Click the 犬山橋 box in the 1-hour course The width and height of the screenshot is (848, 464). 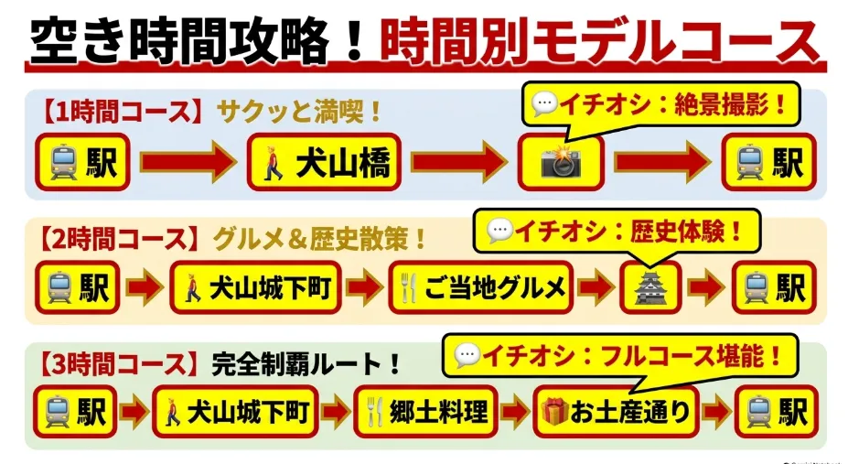[x=324, y=162]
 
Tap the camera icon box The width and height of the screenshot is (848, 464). [x=561, y=162]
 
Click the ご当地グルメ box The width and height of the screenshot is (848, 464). [x=480, y=287]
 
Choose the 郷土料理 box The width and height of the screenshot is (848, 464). [x=425, y=412]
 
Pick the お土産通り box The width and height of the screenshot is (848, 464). [x=616, y=412]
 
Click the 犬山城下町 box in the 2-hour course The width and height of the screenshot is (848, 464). [x=255, y=287]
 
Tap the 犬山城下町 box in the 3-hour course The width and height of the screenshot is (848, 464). [x=235, y=412]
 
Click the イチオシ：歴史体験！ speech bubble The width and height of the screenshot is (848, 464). [x=617, y=231]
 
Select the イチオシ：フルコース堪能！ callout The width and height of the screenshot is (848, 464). [x=620, y=355]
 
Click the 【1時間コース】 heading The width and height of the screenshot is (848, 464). [x=117, y=112]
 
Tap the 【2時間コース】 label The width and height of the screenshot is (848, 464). [x=115, y=239]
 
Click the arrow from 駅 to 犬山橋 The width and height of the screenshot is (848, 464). [x=188, y=162]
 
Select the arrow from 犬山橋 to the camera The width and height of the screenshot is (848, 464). [x=459, y=162]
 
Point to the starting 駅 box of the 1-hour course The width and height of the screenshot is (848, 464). [x=82, y=162]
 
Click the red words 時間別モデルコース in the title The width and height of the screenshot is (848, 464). [x=599, y=41]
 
